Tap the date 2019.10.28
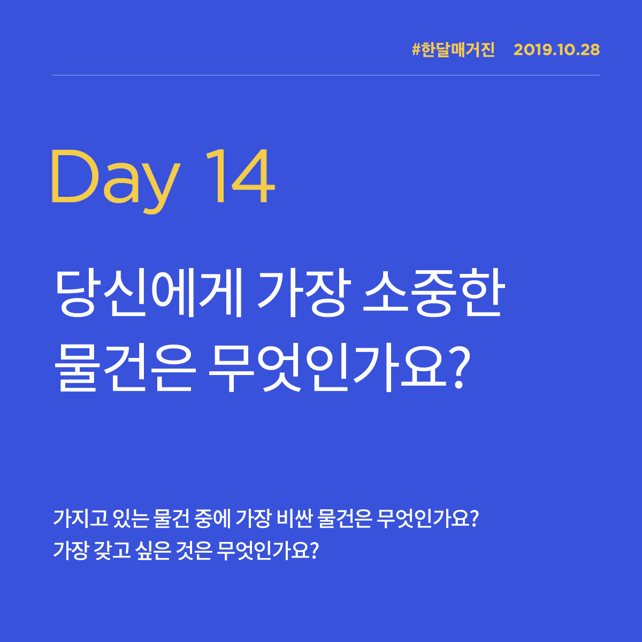pos(556,50)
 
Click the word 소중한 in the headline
pos(433,294)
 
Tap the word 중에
pos(211,518)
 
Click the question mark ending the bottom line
pos(314,549)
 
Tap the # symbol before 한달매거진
pos(416,50)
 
